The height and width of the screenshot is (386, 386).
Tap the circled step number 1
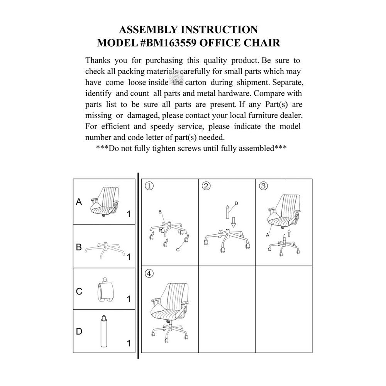[149, 186]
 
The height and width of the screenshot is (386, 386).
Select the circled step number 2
[206, 186]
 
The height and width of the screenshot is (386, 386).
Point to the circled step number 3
[264, 186]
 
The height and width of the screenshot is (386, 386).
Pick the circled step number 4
[149, 274]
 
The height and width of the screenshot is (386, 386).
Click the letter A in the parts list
[79, 201]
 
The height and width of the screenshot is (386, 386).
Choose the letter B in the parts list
[79, 247]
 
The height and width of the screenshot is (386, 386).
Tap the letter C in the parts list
[79, 291]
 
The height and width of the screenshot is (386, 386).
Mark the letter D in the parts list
[79, 331]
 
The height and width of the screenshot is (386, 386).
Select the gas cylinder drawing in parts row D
[104, 332]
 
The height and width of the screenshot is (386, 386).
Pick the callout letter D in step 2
[236, 203]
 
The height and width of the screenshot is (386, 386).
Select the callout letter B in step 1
[159, 212]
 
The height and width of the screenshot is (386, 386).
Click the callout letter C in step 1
[178, 250]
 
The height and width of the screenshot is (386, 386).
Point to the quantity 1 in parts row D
[129, 343]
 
